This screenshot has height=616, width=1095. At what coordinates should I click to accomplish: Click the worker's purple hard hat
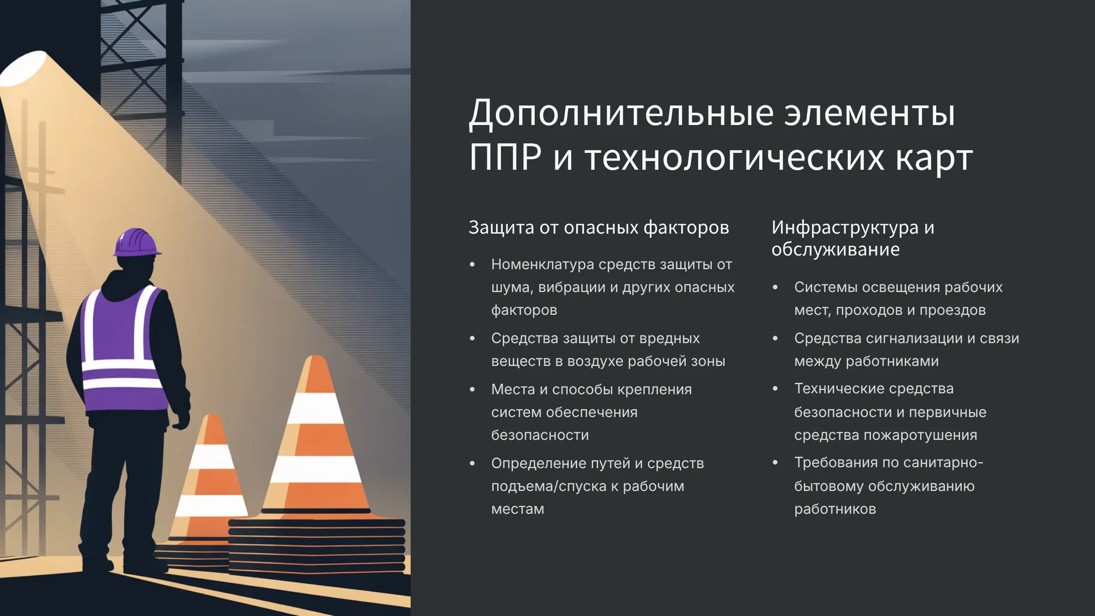click(x=137, y=242)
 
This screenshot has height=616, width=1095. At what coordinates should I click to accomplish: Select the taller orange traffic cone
click(x=316, y=436)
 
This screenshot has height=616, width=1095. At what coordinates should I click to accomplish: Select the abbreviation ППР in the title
click(x=506, y=157)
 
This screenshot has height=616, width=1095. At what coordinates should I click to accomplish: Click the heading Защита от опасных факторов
click(x=599, y=227)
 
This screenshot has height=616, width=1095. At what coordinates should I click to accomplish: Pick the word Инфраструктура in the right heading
click(x=845, y=227)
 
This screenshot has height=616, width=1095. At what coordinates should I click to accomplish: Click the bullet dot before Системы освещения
click(x=775, y=287)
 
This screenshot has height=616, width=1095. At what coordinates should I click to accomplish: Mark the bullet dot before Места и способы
click(x=472, y=389)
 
